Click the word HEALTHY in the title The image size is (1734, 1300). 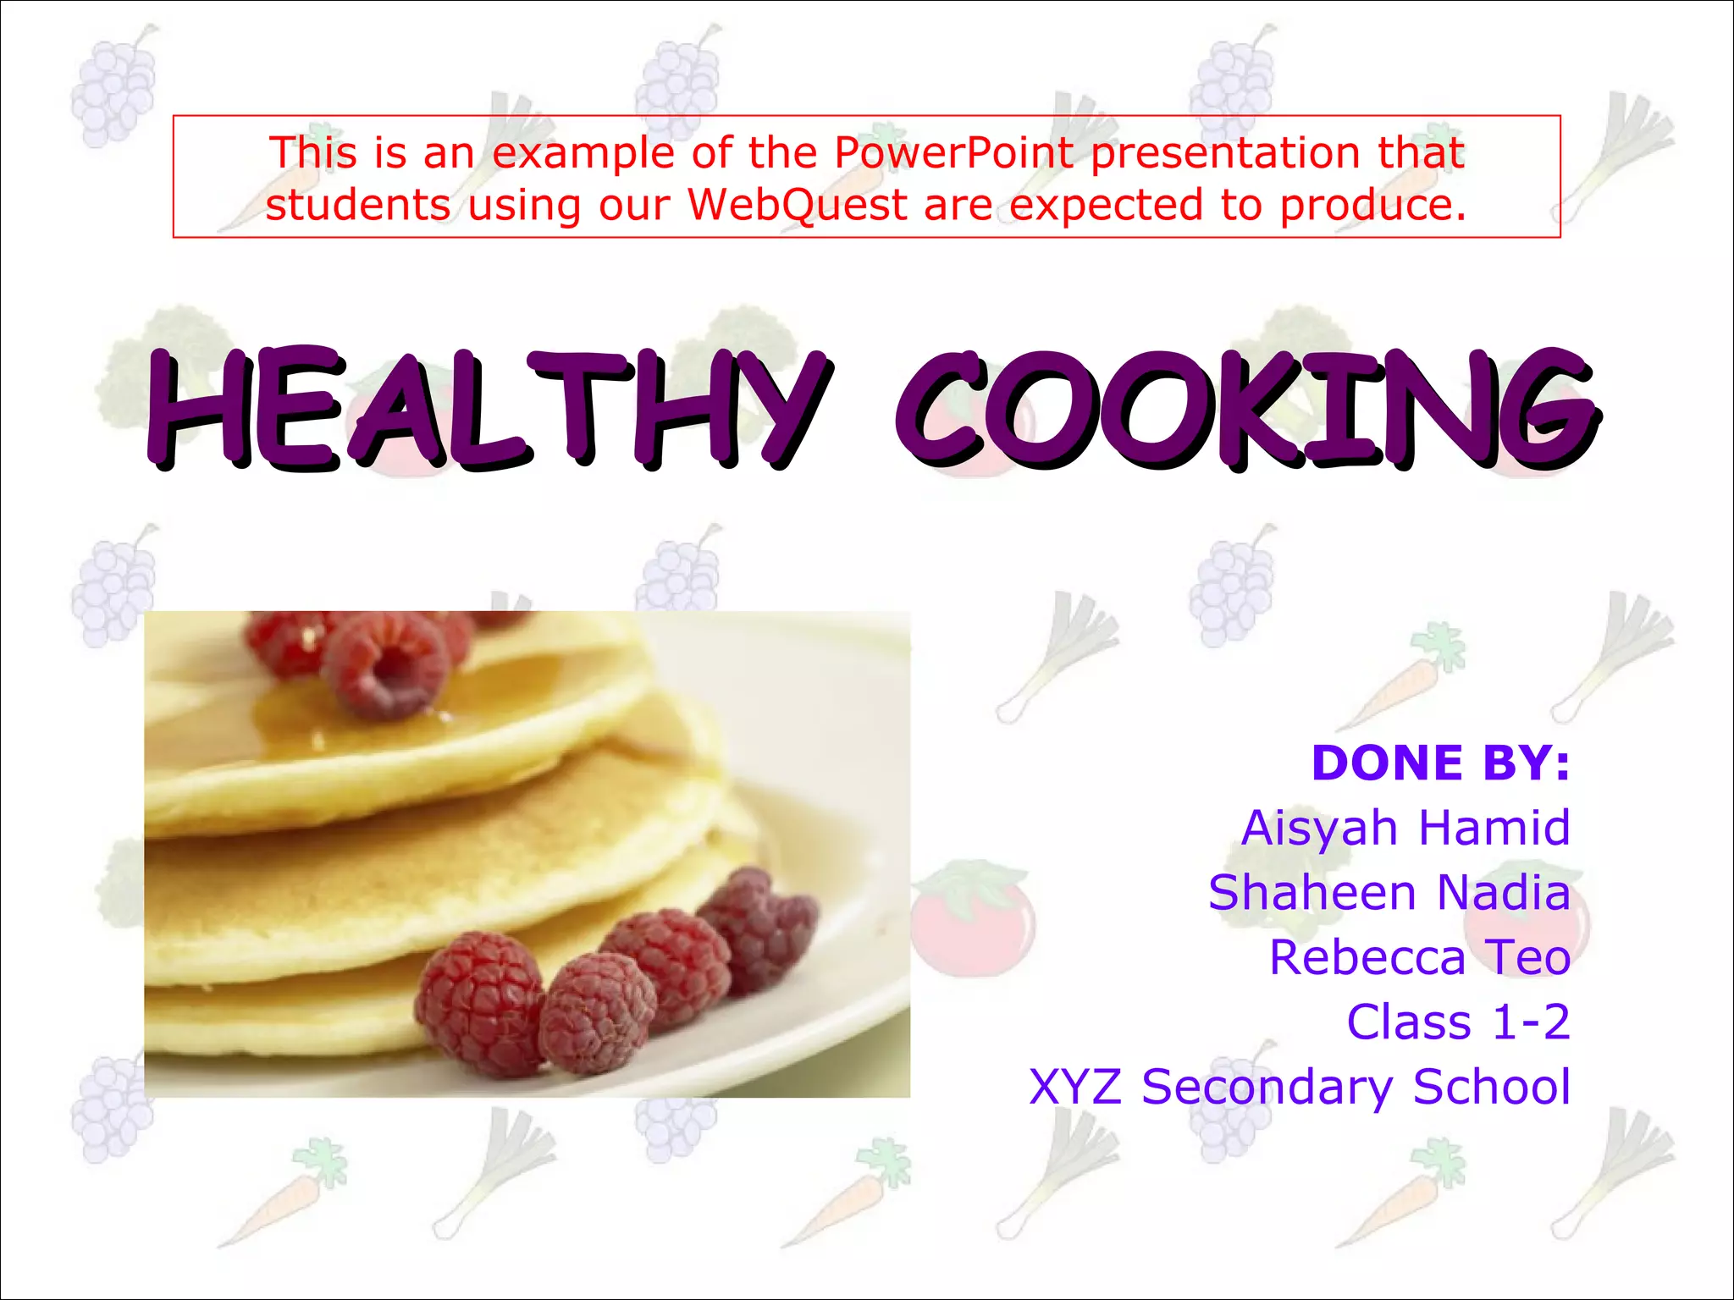pyautogui.click(x=487, y=409)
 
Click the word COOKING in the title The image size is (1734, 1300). pyautogui.click(x=1245, y=409)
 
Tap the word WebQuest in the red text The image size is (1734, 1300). pyautogui.click(x=797, y=206)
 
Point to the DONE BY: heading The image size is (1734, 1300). pyautogui.click(x=1440, y=763)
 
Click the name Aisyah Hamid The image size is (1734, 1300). pyautogui.click(x=1405, y=827)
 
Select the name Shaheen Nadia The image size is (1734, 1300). pyautogui.click(x=1389, y=892)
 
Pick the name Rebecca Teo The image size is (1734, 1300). pyautogui.click(x=1420, y=957)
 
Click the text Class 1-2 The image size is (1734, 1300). pyautogui.click(x=1458, y=1022)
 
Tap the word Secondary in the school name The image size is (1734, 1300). pyautogui.click(x=1267, y=1088)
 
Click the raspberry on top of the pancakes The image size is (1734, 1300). pyautogui.click(x=385, y=664)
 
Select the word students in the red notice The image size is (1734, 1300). pyautogui.click(x=358, y=206)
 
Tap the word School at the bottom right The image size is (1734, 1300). pyautogui.click(x=1491, y=1087)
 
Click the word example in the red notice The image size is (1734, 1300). pyautogui.click(x=583, y=153)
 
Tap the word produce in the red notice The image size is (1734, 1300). pyautogui.click(x=1372, y=206)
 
